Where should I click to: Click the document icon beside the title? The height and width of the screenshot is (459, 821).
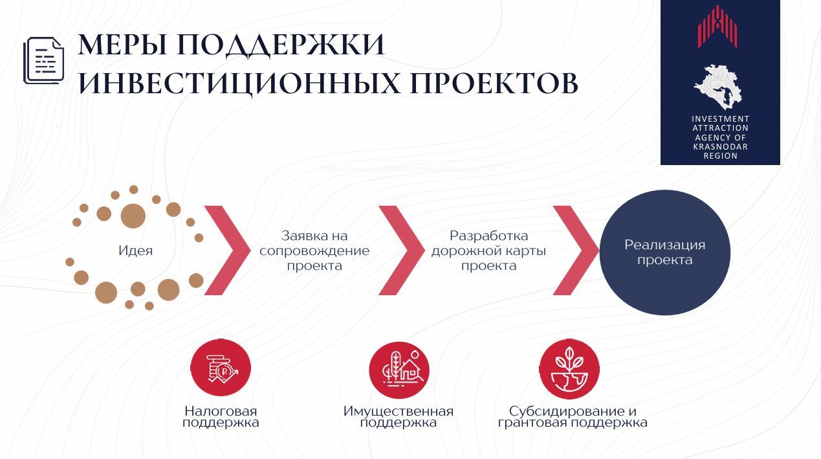[x=44, y=60]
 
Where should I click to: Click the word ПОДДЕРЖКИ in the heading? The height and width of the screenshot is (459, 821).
[x=280, y=45]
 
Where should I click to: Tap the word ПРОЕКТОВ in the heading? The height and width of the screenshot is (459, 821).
[x=493, y=84]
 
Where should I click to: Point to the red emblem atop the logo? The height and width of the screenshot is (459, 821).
[x=717, y=27]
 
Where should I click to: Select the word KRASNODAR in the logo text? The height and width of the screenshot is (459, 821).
[x=720, y=147]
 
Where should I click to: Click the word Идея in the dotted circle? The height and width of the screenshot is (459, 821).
[x=136, y=251]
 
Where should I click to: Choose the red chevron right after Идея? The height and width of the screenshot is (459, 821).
[x=226, y=250]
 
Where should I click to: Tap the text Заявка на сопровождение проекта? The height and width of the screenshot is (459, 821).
[x=314, y=251]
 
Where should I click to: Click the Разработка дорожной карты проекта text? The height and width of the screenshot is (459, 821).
[x=488, y=251]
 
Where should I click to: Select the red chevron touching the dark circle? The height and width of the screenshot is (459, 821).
[x=575, y=250]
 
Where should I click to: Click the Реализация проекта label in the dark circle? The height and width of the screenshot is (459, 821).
[x=664, y=252]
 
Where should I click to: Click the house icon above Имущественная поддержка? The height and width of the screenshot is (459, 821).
[x=399, y=369]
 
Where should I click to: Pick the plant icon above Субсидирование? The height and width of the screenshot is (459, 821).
[x=570, y=369]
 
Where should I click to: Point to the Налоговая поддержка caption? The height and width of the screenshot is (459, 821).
[x=221, y=417]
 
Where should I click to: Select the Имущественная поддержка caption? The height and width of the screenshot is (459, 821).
[x=399, y=417]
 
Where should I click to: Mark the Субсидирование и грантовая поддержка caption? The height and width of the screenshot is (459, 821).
[x=573, y=417]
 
